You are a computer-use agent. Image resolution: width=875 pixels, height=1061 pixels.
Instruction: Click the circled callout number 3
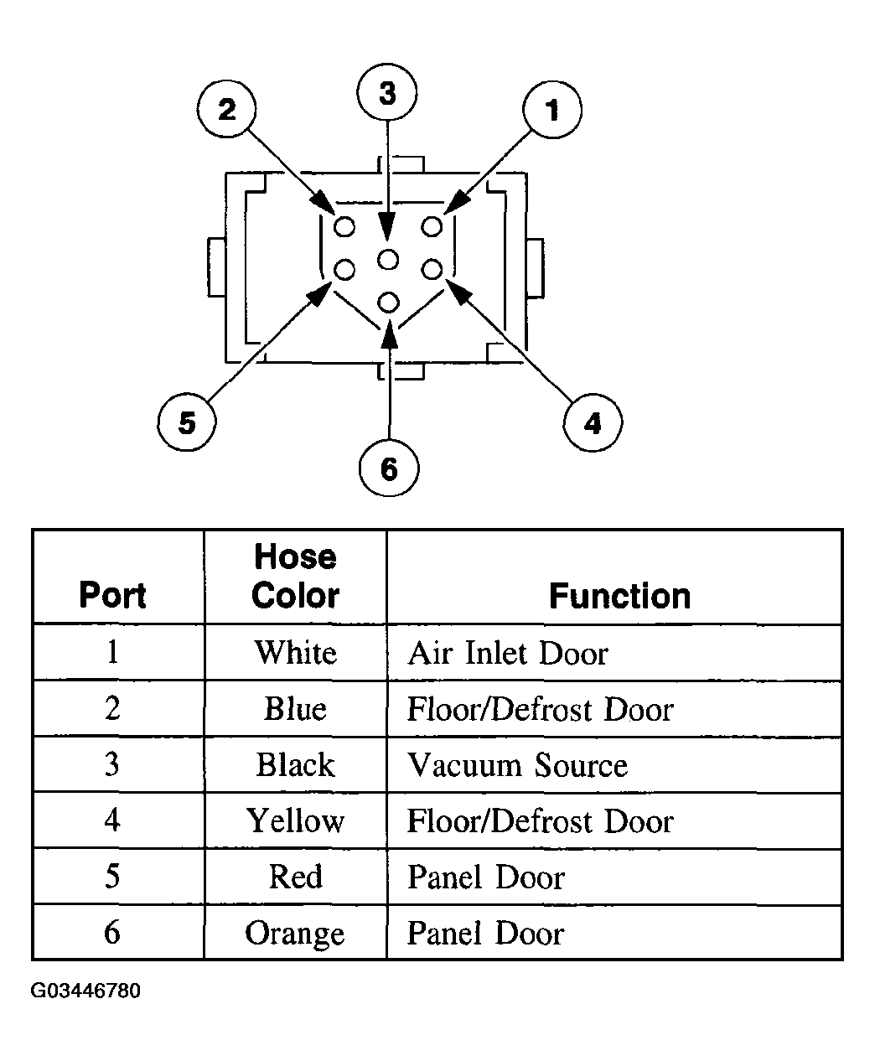click(x=387, y=93)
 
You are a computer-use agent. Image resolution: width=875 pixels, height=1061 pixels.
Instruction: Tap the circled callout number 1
click(x=552, y=109)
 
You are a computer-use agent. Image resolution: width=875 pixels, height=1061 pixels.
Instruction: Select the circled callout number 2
click(x=226, y=109)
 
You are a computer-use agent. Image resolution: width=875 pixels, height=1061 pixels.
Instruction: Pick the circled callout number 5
click(x=187, y=422)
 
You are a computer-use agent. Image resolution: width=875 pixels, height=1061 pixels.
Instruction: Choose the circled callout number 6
click(x=389, y=468)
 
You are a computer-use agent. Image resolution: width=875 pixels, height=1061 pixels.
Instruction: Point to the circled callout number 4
click(x=593, y=422)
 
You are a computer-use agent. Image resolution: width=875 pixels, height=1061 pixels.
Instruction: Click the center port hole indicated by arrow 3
click(x=388, y=260)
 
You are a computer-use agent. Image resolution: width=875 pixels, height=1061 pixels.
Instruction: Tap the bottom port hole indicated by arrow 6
click(x=388, y=303)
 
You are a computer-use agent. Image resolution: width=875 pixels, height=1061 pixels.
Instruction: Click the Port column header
click(x=113, y=594)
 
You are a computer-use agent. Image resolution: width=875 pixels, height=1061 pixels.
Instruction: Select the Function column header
click(x=620, y=596)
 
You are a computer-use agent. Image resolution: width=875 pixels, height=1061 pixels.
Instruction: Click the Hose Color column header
click(x=295, y=576)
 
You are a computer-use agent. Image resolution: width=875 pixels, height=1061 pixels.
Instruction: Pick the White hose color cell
click(x=295, y=653)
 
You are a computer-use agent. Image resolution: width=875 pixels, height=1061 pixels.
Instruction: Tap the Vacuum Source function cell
click(x=517, y=765)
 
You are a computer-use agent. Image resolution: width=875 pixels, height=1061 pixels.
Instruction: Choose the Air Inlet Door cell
click(x=508, y=653)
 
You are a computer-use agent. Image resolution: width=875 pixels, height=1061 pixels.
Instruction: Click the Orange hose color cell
click(x=295, y=934)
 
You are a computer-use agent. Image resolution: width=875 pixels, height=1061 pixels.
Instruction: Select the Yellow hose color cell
click(x=295, y=820)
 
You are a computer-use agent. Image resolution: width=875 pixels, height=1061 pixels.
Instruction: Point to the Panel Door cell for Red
click(x=486, y=877)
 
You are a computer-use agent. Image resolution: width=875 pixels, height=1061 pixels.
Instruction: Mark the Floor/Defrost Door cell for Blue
click(x=540, y=709)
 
